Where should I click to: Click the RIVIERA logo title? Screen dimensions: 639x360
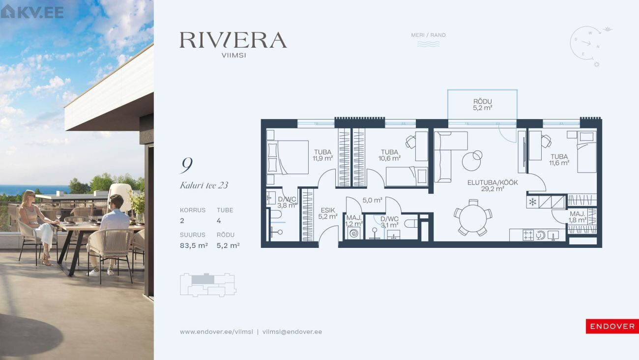tap(233, 40)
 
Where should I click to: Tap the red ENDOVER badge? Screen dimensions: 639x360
tap(612, 327)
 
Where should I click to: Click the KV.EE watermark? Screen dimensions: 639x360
tap(32, 12)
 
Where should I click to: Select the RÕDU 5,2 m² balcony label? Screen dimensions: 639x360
tap(482, 104)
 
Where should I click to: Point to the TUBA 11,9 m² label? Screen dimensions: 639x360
tap(322, 155)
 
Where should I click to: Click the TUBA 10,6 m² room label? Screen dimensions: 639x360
tap(389, 155)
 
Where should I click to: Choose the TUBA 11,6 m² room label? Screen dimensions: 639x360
tap(559, 159)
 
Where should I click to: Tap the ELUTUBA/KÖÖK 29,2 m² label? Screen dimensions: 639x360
tap(493, 185)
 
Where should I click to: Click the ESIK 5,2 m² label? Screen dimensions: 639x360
tap(328, 213)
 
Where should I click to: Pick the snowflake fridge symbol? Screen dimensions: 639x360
tap(532, 202)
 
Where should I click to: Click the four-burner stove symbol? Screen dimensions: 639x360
tap(528, 235)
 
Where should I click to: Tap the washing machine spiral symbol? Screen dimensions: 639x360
tap(354, 233)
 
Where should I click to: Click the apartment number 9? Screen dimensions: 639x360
tap(187, 165)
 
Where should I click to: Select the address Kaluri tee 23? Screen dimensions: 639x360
tap(204, 185)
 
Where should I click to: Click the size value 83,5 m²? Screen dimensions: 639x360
tap(194, 245)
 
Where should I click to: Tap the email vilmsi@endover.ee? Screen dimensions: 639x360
tap(292, 332)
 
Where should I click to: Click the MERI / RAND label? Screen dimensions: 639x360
tap(428, 35)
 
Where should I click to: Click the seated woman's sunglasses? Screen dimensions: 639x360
tap(32, 196)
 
